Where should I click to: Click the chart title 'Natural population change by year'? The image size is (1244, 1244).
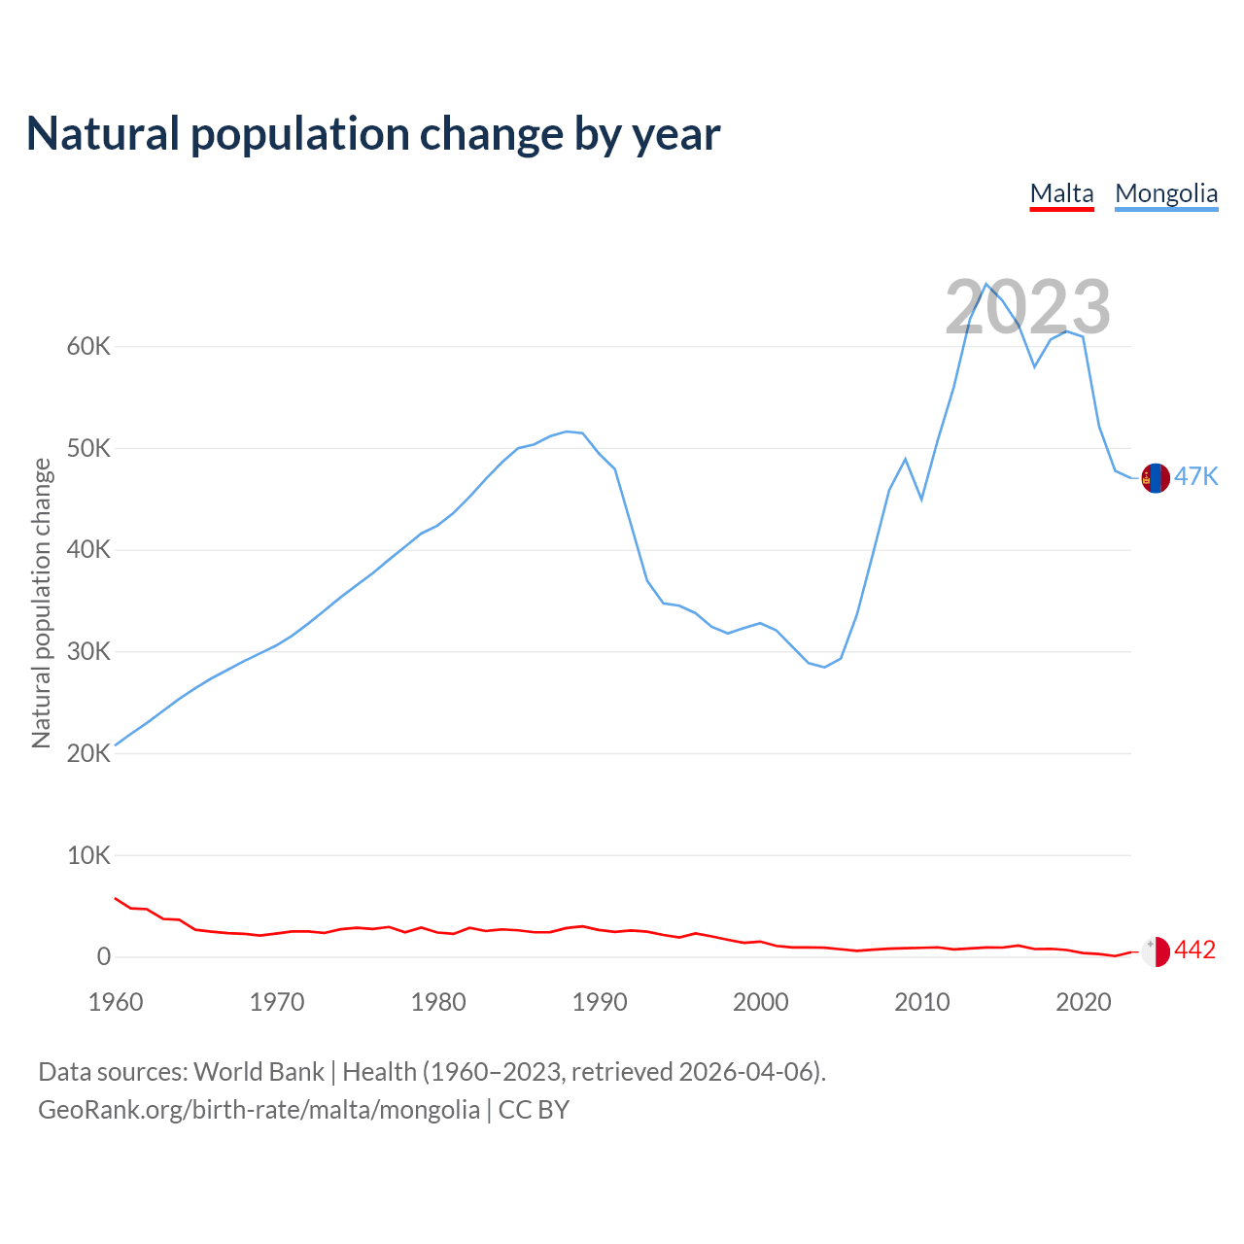[x=373, y=134]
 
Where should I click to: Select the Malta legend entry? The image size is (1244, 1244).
[x=1061, y=193]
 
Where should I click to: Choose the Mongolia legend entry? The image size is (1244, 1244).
[x=1166, y=193]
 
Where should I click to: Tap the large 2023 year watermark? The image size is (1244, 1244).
[x=1027, y=307]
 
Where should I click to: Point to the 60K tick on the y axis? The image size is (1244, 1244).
[x=88, y=347]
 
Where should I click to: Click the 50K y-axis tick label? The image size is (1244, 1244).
[x=88, y=449]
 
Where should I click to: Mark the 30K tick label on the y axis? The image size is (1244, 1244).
[x=88, y=652]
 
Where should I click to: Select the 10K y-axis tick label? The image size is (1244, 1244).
[x=88, y=856]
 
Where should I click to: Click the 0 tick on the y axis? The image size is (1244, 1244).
[x=104, y=957]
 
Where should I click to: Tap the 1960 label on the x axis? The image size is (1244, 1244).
[x=116, y=1002]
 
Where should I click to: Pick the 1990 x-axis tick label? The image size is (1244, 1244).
[x=600, y=1002]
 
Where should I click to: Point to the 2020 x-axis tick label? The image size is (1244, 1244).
[x=1084, y=1002]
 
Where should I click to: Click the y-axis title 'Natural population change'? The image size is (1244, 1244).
[x=42, y=603]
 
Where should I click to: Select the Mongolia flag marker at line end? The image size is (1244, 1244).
[x=1155, y=478]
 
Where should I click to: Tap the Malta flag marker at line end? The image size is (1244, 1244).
[x=1155, y=951]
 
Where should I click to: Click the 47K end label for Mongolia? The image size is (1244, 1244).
[x=1195, y=476]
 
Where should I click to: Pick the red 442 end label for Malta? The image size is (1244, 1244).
[x=1194, y=950]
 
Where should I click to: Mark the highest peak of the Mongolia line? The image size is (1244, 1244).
[x=986, y=284]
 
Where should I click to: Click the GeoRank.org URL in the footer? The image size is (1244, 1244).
[x=259, y=1110]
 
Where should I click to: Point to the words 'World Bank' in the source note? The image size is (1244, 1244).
[x=259, y=1072]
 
